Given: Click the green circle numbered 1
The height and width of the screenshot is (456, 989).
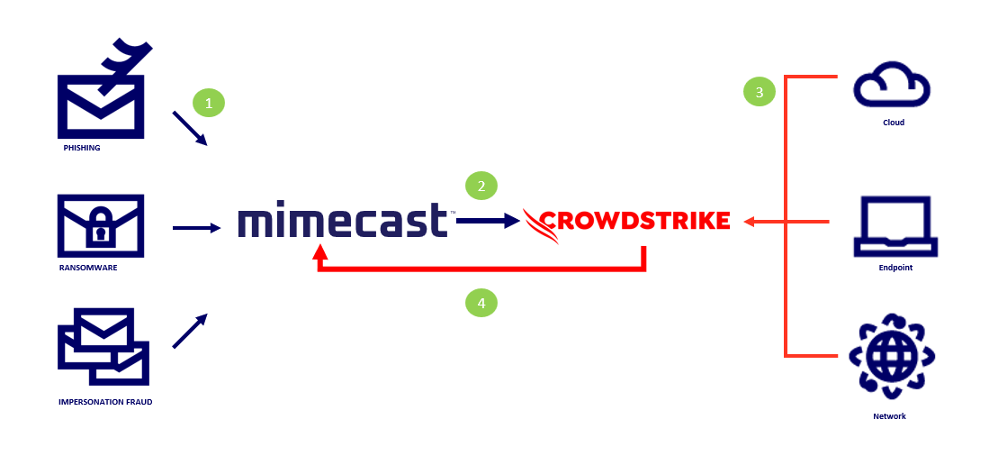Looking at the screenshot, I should (x=209, y=104).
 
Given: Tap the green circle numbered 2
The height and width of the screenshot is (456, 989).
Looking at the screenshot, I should (x=481, y=187).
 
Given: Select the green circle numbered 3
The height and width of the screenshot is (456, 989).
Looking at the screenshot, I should (x=760, y=92).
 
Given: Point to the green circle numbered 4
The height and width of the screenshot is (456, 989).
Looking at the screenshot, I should (x=481, y=303).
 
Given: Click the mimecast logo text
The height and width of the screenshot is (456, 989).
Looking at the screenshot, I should (x=343, y=221).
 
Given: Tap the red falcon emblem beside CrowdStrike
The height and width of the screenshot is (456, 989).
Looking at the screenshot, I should (x=542, y=225).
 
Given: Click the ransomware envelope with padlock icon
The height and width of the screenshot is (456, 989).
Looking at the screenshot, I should (x=100, y=225).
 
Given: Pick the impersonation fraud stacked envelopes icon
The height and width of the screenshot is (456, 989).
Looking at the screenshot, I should (x=103, y=347).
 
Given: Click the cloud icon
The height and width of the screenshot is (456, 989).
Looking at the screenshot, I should (x=891, y=87).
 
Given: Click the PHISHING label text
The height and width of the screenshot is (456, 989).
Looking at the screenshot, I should (x=81, y=148).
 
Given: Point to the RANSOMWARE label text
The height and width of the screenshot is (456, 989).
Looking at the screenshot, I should (x=88, y=268).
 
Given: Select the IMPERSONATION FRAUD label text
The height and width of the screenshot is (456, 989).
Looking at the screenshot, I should (x=105, y=402).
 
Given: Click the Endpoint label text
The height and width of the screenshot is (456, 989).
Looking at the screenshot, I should (x=895, y=268).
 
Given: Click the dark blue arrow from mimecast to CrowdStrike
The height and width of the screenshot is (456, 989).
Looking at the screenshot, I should (x=488, y=220).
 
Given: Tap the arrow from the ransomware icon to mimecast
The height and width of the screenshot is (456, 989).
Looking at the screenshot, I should (x=195, y=229).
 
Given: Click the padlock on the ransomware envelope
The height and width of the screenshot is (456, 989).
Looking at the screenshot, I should (x=100, y=232).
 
